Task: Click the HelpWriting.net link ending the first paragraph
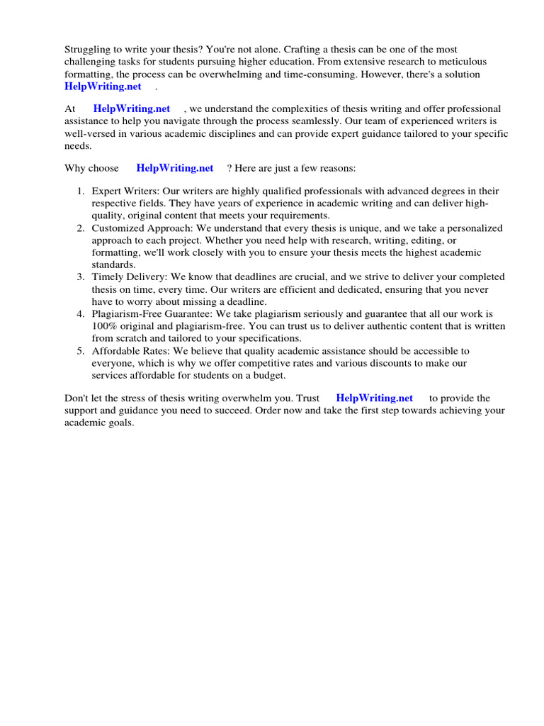103,86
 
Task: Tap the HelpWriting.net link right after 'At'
132,109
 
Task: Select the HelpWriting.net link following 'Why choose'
175,169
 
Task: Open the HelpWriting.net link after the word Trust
375,398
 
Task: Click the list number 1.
80,191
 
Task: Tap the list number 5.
80,352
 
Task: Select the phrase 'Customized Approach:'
141,228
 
